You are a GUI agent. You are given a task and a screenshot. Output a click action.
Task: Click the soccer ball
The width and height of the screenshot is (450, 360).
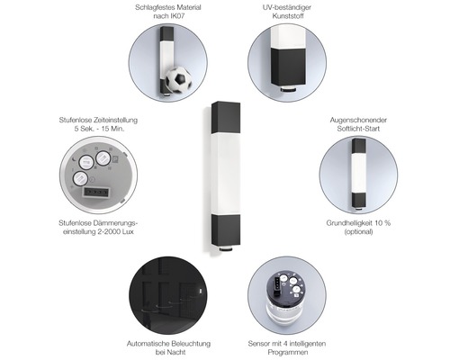click(179, 80)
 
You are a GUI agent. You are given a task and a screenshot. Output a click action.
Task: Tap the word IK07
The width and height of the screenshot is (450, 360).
click(177, 16)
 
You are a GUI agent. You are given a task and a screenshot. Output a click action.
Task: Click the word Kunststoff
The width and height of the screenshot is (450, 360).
click(288, 16)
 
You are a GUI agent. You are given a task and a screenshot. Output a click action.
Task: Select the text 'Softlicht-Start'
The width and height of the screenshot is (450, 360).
click(358, 129)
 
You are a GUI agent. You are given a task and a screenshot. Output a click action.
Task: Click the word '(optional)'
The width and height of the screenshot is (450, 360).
click(358, 231)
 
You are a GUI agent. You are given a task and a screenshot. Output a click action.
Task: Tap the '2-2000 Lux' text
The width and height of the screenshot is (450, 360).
click(115, 231)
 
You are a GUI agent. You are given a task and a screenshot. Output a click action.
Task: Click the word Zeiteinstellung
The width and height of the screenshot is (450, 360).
click(115, 120)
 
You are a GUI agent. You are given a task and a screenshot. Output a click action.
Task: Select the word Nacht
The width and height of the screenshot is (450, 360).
click(176, 352)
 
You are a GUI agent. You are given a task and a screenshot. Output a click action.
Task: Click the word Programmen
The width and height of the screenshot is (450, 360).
click(288, 352)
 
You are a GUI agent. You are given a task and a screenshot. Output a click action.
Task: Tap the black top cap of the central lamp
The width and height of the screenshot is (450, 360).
click(226, 117)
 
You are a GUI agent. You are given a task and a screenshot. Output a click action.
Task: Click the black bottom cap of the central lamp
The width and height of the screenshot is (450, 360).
click(226, 230)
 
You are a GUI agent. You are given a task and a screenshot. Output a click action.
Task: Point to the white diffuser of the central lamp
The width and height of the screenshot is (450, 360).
click(226, 174)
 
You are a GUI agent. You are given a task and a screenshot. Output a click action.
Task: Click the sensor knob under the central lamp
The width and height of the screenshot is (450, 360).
click(226, 248)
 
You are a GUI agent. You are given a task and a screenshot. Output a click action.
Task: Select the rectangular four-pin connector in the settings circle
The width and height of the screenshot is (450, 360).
click(94, 192)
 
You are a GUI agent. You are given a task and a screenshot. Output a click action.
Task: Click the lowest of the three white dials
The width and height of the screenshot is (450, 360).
click(80, 179)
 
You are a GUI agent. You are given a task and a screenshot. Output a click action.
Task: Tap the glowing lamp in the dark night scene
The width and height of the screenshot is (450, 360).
click(201, 291)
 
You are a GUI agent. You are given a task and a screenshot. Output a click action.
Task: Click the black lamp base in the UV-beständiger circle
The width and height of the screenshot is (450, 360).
click(288, 67)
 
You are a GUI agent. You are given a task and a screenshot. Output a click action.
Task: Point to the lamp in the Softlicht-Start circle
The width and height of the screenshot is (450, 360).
click(358, 173)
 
